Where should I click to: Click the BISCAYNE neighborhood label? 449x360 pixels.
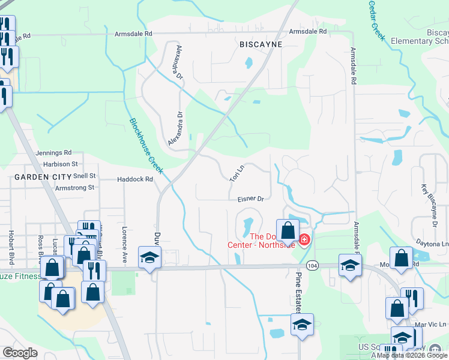click(260, 44)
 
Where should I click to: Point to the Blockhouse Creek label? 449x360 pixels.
click(146, 146)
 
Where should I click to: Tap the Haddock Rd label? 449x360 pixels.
click(136, 179)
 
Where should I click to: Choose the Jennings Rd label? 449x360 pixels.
click(54, 153)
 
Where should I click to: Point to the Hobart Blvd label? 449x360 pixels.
click(11, 247)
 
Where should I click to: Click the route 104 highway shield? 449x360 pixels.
click(312, 265)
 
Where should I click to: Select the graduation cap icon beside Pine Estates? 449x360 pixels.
click(301, 325)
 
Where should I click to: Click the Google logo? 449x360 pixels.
click(20, 353)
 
